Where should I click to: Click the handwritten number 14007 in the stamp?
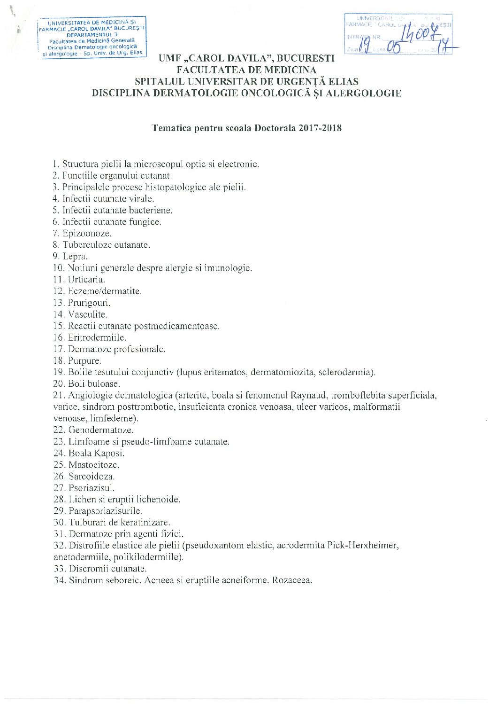tap(421, 33)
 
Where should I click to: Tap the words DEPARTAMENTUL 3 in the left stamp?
tap(92, 35)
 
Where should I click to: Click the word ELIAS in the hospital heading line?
tap(342, 81)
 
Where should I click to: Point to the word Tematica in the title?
tap(169, 128)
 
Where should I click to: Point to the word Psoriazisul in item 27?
tap(92, 488)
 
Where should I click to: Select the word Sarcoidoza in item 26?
tap(92, 476)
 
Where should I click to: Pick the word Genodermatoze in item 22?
tap(101, 430)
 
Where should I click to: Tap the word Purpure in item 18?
tap(84, 361)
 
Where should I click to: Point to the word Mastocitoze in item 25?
tap(93, 465)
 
